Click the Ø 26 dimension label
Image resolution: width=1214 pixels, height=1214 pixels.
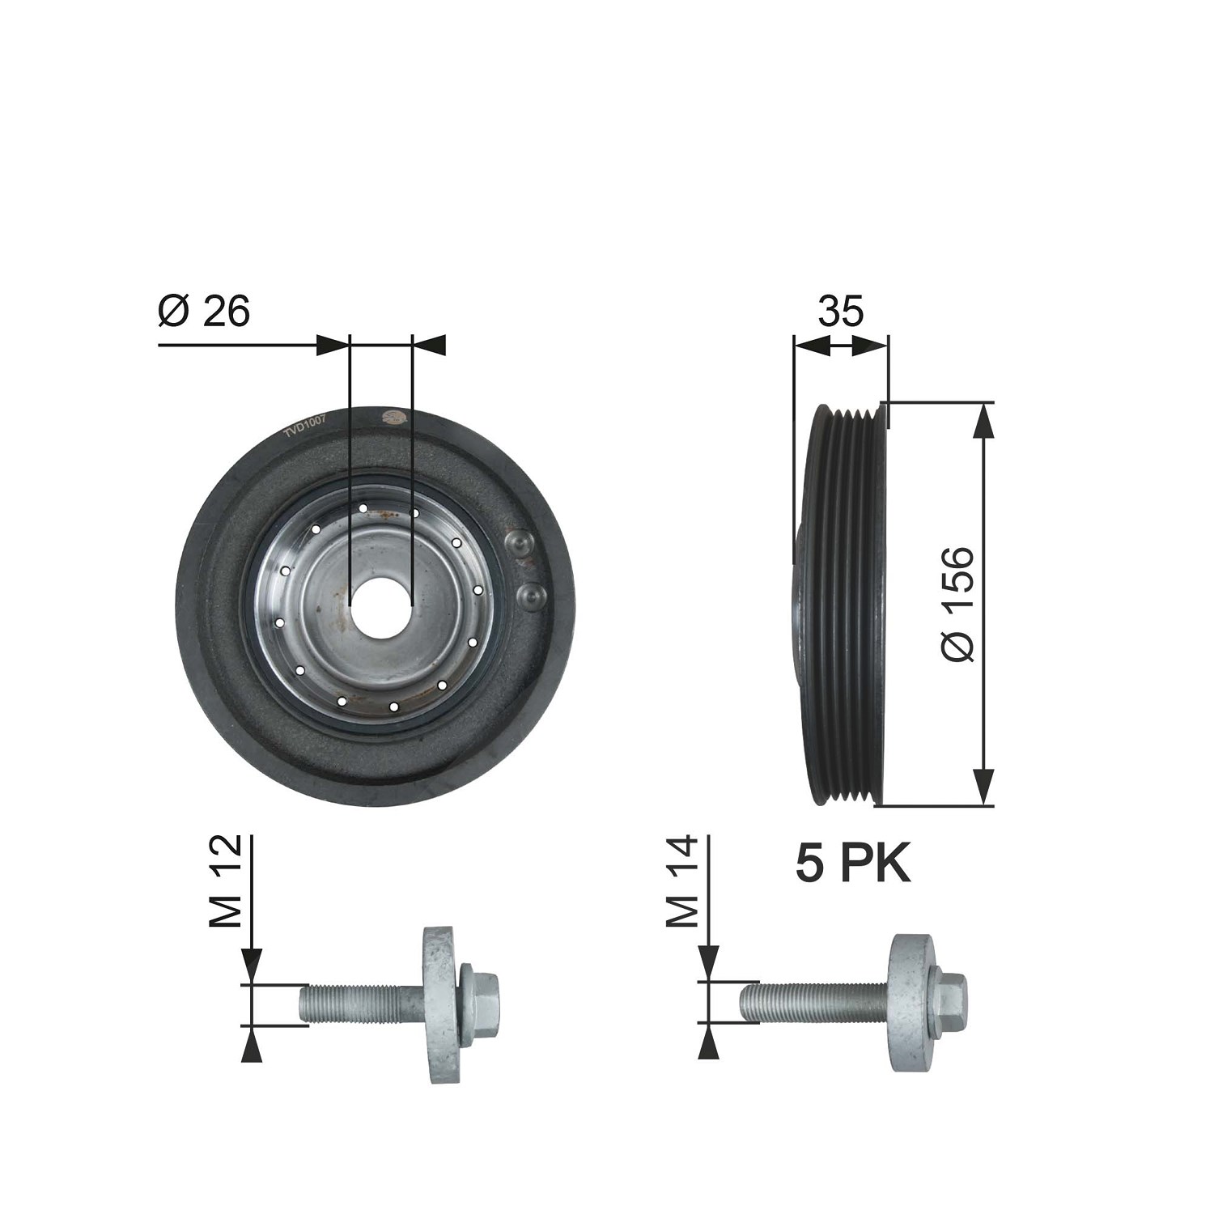(204, 312)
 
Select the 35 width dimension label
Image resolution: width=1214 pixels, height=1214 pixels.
(840, 312)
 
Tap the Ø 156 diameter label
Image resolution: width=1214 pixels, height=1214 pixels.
(959, 604)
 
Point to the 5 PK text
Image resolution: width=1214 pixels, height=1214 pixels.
(853, 864)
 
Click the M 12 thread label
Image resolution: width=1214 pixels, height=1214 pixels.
(226, 881)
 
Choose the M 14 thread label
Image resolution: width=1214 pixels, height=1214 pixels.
(682, 881)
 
